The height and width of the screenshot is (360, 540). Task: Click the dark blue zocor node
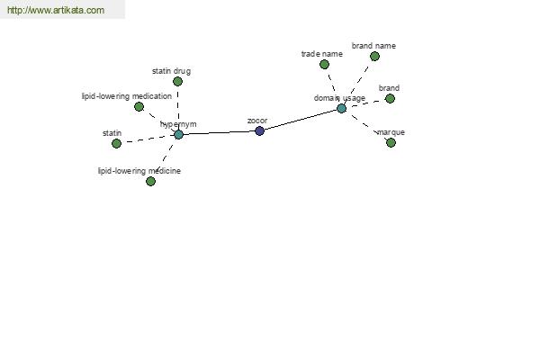click(x=260, y=130)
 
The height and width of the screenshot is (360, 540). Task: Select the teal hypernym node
click(x=178, y=134)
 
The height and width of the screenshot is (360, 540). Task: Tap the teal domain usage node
click(x=341, y=109)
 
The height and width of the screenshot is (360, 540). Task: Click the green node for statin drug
click(x=177, y=81)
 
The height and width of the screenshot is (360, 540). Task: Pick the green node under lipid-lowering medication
click(x=139, y=106)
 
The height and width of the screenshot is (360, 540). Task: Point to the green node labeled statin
click(x=116, y=143)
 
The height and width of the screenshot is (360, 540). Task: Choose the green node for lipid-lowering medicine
click(x=150, y=181)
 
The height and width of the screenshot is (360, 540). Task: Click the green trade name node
click(x=324, y=64)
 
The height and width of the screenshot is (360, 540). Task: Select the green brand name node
click(x=374, y=56)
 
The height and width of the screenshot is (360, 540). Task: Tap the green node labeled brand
click(x=390, y=98)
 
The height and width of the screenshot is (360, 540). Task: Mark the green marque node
click(x=391, y=142)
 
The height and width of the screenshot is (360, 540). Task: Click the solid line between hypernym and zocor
click(x=219, y=132)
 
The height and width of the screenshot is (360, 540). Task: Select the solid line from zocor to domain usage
click(x=301, y=120)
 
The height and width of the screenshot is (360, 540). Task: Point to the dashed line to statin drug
click(x=177, y=108)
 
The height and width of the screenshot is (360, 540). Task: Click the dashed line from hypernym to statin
click(x=148, y=139)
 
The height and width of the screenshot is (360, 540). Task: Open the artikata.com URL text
click(x=56, y=10)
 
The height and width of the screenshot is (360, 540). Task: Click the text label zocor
click(x=257, y=121)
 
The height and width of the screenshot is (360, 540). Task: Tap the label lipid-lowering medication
click(x=127, y=96)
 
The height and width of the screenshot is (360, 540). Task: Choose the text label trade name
click(x=321, y=54)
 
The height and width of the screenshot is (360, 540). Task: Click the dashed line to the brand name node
click(x=357, y=83)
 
